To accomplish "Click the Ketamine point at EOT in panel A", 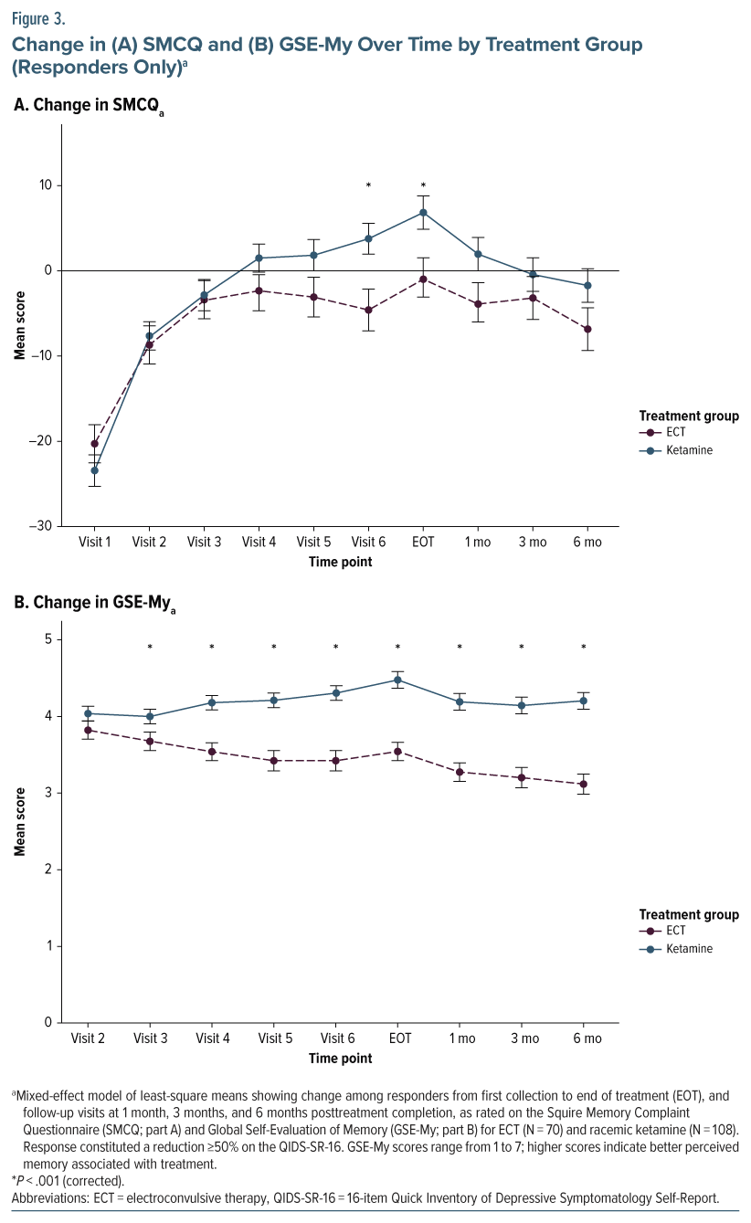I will [423, 213].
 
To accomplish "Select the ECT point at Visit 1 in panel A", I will [94, 443].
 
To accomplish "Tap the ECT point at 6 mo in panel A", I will [587, 329].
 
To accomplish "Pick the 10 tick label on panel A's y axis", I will [44, 185].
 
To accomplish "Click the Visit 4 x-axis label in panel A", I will [259, 542].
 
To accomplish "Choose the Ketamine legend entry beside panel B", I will [685, 949].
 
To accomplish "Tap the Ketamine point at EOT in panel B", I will [397, 680].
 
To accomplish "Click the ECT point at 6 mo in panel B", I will [584, 784].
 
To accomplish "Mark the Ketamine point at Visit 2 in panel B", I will [88, 713].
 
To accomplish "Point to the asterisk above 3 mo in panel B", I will [522, 648].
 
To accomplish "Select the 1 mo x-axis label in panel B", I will [460, 1038].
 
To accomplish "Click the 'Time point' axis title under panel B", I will [340, 1059].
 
